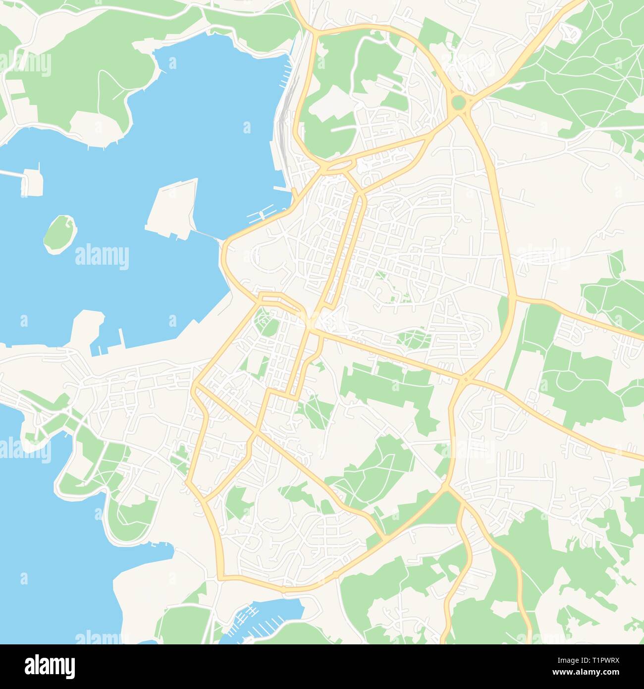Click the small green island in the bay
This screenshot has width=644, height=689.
click(x=60, y=233)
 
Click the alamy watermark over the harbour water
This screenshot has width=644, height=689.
click(x=102, y=257)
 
